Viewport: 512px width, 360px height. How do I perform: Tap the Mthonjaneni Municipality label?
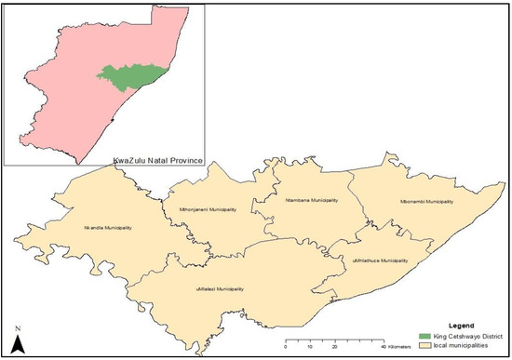click(206, 209)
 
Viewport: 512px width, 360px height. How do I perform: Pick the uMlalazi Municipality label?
click(221, 289)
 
